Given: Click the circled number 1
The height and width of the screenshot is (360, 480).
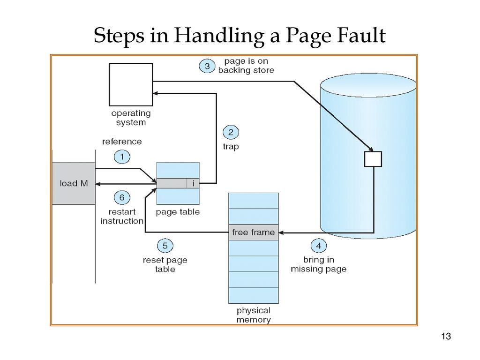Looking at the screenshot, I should pyautogui.click(x=122, y=157).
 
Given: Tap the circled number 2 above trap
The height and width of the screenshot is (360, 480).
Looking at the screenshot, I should pyautogui.click(x=231, y=133).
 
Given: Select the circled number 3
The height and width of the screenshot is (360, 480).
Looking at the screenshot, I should pyautogui.click(x=207, y=66).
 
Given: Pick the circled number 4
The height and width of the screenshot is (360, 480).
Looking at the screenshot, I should pyautogui.click(x=318, y=245).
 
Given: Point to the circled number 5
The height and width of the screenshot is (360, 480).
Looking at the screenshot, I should pyautogui.click(x=165, y=246).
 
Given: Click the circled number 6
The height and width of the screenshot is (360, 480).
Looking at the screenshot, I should pyautogui.click(x=122, y=197).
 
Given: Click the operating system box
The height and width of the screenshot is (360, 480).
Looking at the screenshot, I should pyautogui.click(x=131, y=84).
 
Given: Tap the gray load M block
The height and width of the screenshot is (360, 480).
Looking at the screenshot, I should pyautogui.click(x=74, y=183).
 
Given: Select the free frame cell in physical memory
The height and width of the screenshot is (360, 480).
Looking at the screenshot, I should pyautogui.click(x=253, y=232).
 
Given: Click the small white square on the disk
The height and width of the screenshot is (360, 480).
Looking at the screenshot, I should pyautogui.click(x=373, y=159).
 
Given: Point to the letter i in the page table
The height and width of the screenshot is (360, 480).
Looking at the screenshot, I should pyautogui.click(x=193, y=183).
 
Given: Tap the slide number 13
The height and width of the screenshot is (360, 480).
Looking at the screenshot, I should pyautogui.click(x=445, y=337).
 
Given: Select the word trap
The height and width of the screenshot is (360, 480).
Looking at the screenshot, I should pyautogui.click(x=231, y=146).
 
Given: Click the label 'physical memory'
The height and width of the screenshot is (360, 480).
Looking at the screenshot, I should pyautogui.click(x=253, y=315).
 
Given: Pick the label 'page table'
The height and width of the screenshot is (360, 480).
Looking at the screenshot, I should pyautogui.click(x=178, y=212).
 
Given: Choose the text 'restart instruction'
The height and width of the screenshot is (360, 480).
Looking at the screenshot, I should pyautogui.click(x=122, y=216).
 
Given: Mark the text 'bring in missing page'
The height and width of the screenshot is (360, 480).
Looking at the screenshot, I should pyautogui.click(x=318, y=264).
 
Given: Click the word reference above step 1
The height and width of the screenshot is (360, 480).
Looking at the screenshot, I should pyautogui.click(x=122, y=142).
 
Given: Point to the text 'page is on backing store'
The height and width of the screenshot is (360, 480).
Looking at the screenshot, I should pyautogui.click(x=246, y=66).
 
